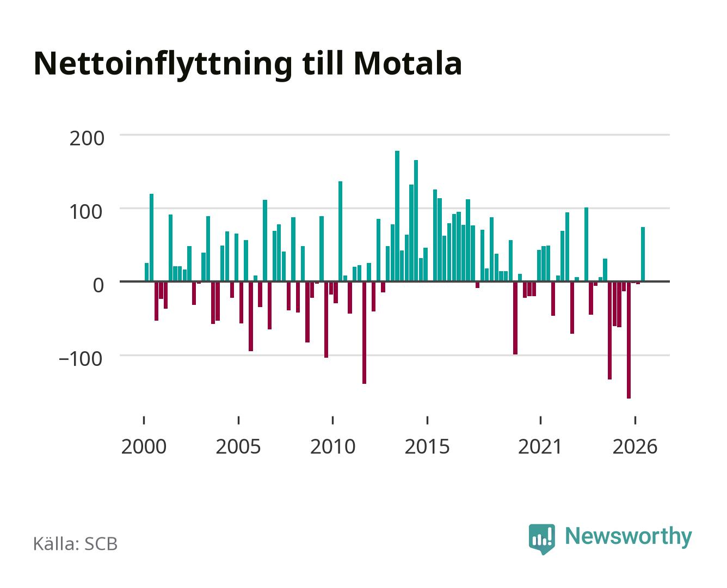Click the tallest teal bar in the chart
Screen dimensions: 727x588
(397, 216)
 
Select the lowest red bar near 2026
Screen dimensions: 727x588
(629, 340)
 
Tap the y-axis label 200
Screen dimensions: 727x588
(87, 138)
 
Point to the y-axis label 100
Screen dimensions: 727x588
(86, 212)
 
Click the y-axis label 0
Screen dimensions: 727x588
(98, 285)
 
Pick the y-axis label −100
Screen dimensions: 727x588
(81, 359)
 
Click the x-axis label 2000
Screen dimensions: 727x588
(144, 446)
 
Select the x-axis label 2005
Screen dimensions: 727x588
(238, 446)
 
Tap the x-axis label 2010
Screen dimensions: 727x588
(333, 446)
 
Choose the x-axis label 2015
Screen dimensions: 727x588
(427, 446)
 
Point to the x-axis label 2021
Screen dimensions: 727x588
(540, 446)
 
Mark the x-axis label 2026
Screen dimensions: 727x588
(635, 446)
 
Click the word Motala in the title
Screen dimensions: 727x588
(408, 64)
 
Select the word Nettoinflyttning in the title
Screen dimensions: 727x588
(163, 66)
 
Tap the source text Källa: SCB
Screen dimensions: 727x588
(76, 544)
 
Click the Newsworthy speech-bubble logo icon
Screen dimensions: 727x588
(542, 539)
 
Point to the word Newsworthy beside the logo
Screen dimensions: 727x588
(629, 537)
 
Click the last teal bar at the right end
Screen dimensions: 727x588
(643, 254)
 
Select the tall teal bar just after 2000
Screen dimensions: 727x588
(151, 238)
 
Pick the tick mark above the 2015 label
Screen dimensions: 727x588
(427, 420)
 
